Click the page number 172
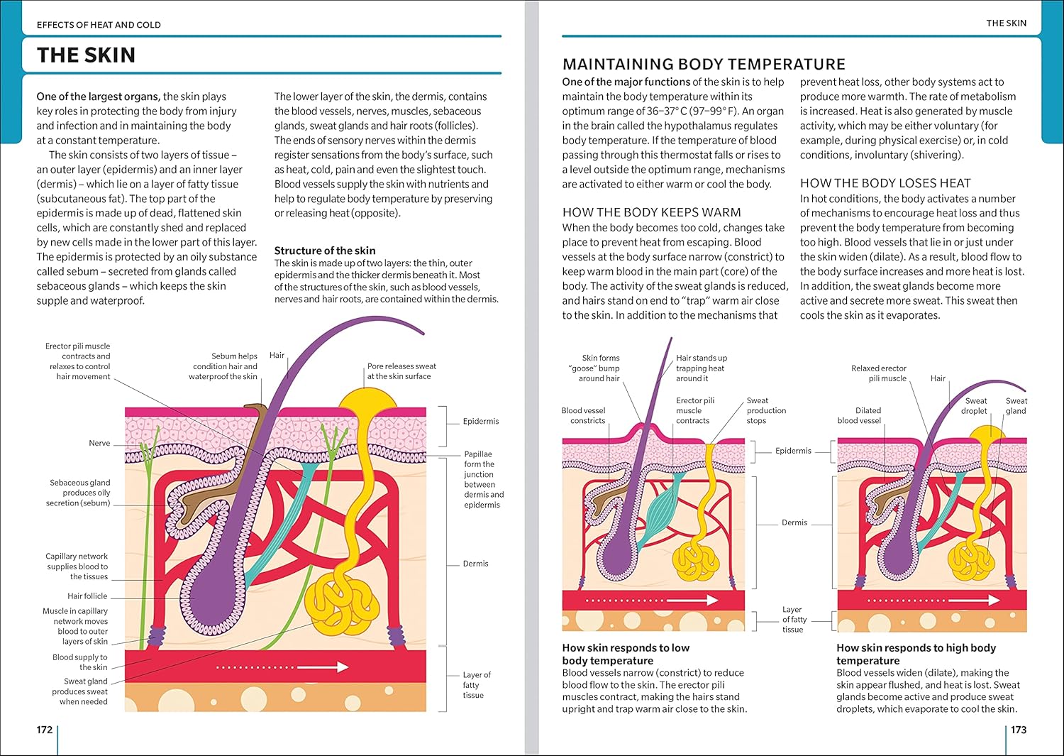[45, 730]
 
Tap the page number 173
[1019, 730]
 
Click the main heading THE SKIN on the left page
[86, 55]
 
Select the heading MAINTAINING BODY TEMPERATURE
[704, 65]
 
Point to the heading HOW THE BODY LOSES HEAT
[885, 183]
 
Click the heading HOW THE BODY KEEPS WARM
[651, 212]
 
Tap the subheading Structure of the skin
[325, 251]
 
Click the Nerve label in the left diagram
[99, 443]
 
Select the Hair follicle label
[87, 596]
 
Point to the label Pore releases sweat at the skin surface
[401, 371]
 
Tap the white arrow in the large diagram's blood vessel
[284, 667]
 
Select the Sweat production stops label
[765, 410]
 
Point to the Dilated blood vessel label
[859, 415]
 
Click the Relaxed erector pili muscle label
[879, 373]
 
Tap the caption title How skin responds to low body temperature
[625, 654]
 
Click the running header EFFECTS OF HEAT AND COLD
[99, 25]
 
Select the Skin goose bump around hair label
[599, 368]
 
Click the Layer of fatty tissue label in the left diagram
[476, 685]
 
